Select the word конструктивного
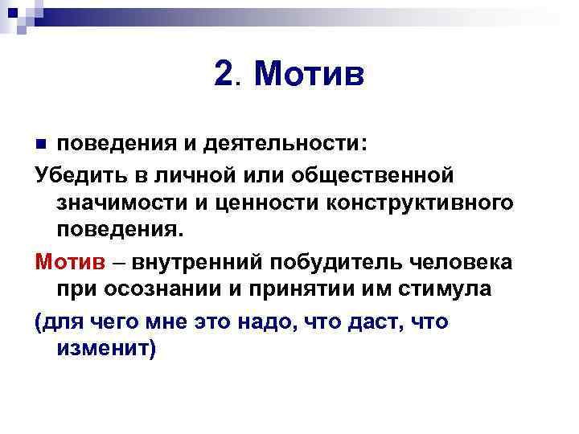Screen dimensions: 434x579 421,203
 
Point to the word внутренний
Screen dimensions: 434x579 199,262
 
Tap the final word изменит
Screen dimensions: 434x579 105,350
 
